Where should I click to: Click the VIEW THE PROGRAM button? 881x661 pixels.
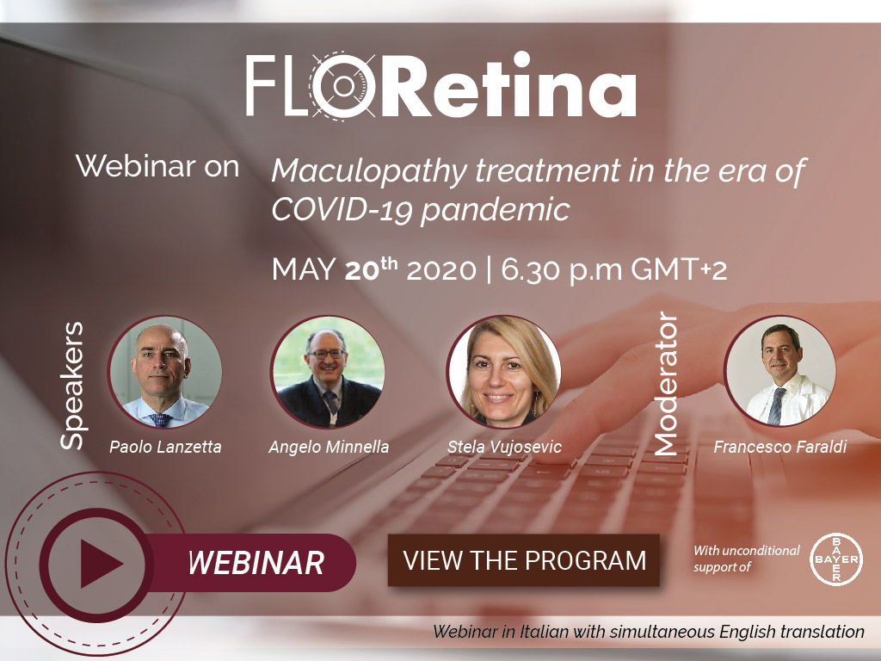(523, 560)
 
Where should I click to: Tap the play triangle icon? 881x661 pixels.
(101, 564)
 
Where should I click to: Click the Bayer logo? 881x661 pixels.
(836, 559)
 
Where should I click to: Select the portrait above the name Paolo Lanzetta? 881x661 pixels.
(164, 372)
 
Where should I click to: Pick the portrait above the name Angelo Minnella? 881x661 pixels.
(328, 372)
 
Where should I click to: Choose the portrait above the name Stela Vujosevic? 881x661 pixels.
(504, 372)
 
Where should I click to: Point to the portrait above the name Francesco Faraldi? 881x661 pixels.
(780, 372)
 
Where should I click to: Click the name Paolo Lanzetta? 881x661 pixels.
(165, 447)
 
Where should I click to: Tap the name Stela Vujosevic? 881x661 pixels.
(504, 447)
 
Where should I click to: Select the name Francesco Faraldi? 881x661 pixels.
(779, 447)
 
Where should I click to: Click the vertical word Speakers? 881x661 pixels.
(73, 386)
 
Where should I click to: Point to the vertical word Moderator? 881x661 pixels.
(667, 383)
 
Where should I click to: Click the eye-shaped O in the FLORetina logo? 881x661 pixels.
(343, 85)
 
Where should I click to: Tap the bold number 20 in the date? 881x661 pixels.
(362, 270)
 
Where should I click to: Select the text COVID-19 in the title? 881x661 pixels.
(342, 210)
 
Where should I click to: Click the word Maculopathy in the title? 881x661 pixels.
(369, 172)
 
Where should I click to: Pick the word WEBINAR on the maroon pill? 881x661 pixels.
(256, 563)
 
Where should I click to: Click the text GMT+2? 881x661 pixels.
(679, 269)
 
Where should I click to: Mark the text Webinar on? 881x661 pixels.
(157, 166)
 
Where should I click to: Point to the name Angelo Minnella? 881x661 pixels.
(329, 447)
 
